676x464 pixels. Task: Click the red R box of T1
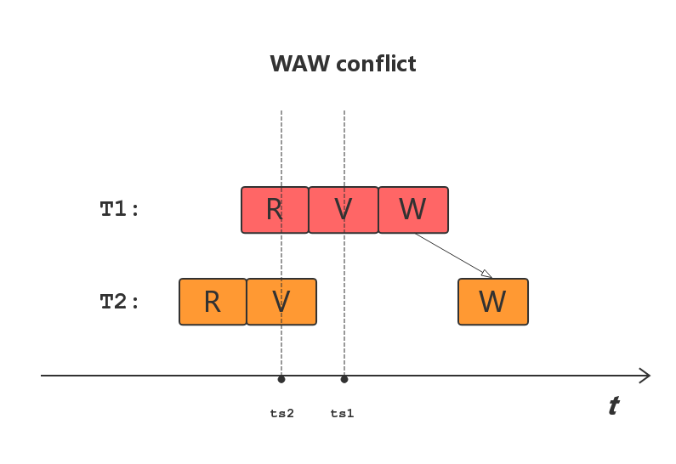click(x=275, y=210)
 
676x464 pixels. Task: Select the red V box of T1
click(x=344, y=210)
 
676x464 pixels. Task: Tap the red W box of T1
click(x=413, y=210)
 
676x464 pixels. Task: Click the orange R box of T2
click(x=213, y=302)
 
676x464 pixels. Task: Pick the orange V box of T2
click(x=281, y=302)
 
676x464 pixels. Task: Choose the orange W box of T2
click(x=493, y=302)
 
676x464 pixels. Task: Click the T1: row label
click(x=120, y=210)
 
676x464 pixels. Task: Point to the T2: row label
click(x=120, y=302)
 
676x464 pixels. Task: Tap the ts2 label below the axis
click(x=282, y=414)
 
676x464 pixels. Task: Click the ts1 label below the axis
click(x=343, y=414)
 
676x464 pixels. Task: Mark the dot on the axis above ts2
click(x=281, y=379)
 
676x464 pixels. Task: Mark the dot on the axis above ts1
click(x=344, y=379)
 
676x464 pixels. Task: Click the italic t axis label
click(x=613, y=406)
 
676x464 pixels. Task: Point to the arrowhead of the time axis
click(x=646, y=376)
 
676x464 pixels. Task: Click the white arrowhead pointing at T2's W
click(x=486, y=273)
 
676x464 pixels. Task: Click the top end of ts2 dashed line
click(x=281, y=112)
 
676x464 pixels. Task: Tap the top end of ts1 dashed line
click(x=344, y=112)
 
